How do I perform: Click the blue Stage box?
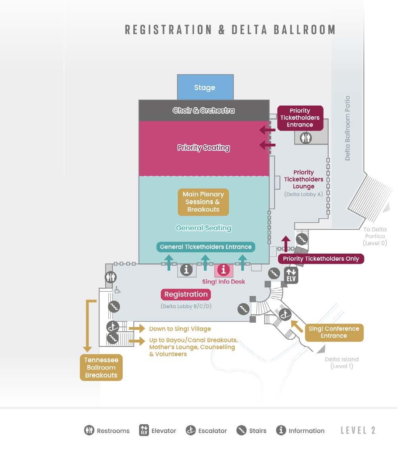[x=205, y=87]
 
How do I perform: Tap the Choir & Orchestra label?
[x=204, y=110]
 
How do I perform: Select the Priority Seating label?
[x=204, y=148]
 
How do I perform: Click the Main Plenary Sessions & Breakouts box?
[x=203, y=202]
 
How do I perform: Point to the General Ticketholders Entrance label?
[x=206, y=247]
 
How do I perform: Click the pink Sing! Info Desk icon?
[x=224, y=270]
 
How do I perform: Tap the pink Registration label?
[x=186, y=294]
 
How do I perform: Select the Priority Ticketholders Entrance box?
[x=300, y=117]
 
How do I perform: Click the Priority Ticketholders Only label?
[x=321, y=259]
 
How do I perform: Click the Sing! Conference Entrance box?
[x=334, y=332]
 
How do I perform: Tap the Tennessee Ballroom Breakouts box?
[x=101, y=367]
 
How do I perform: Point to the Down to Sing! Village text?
[x=180, y=329]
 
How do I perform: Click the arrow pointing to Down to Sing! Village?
[x=137, y=329]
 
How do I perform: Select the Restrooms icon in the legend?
[x=89, y=430]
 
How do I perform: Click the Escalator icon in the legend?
[x=191, y=430]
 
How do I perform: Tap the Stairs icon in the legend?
[x=241, y=430]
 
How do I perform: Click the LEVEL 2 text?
[x=358, y=430]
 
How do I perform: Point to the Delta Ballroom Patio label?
[x=348, y=128]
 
